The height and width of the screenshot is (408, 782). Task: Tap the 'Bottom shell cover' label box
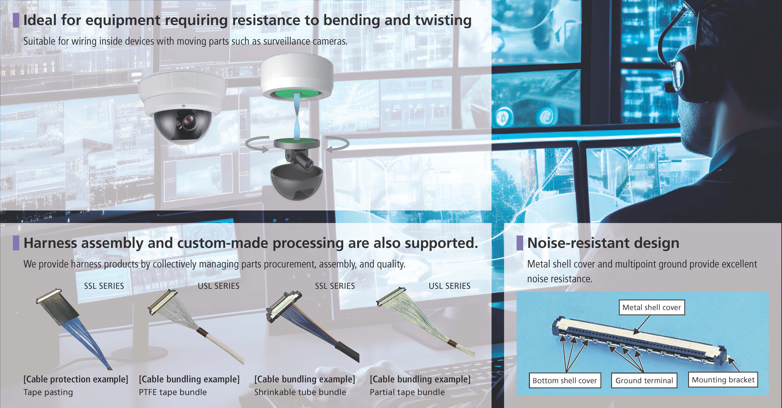(x=565, y=380)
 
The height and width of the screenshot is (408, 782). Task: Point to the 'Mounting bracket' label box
(x=723, y=380)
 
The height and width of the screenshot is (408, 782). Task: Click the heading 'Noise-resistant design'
(x=603, y=243)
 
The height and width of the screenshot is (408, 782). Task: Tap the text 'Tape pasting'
(x=48, y=392)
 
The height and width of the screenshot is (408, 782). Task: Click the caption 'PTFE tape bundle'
(x=173, y=392)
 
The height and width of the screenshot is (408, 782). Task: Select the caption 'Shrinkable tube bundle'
(x=300, y=392)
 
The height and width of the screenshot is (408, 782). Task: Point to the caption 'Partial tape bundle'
(x=407, y=392)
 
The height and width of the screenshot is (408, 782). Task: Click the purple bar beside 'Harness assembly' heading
(x=16, y=243)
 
